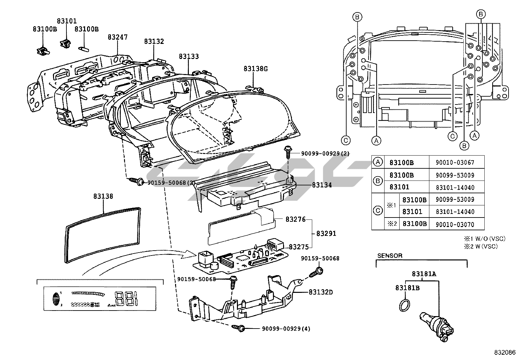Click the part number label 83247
coord(117,37)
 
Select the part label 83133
coord(189,56)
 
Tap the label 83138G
coord(255,69)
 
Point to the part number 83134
coord(322,185)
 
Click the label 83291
coord(326,234)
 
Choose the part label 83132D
coord(320,292)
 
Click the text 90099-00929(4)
coord(285,328)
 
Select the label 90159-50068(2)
coord(171,183)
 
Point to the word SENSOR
coord(390,256)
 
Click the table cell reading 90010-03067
coord(455,162)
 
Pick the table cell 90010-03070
coord(455,224)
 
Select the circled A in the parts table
coord(378,162)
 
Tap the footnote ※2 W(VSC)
coord(480,246)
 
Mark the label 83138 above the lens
coord(103,196)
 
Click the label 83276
coord(296,219)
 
